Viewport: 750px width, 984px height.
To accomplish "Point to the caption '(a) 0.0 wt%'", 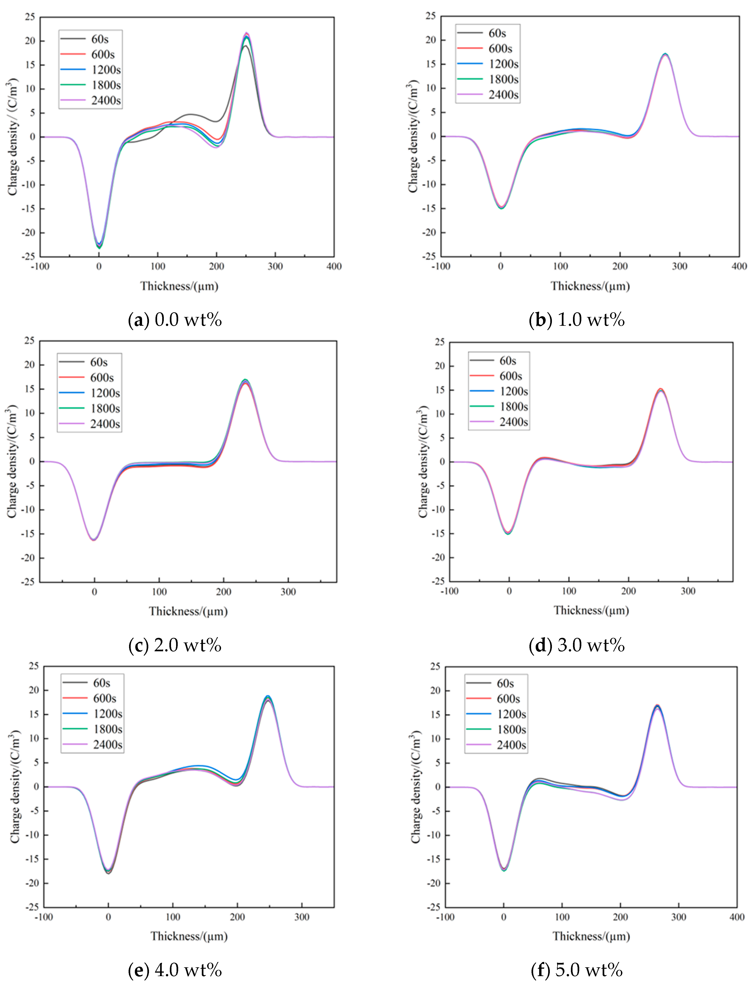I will [175, 320].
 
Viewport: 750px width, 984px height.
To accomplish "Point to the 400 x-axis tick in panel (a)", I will [334, 267].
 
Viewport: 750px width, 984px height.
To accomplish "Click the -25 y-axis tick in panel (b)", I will [430, 256].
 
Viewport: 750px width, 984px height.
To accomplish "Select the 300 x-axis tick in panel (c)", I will [288, 592].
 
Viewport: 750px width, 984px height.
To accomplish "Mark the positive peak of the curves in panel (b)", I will [665, 54].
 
